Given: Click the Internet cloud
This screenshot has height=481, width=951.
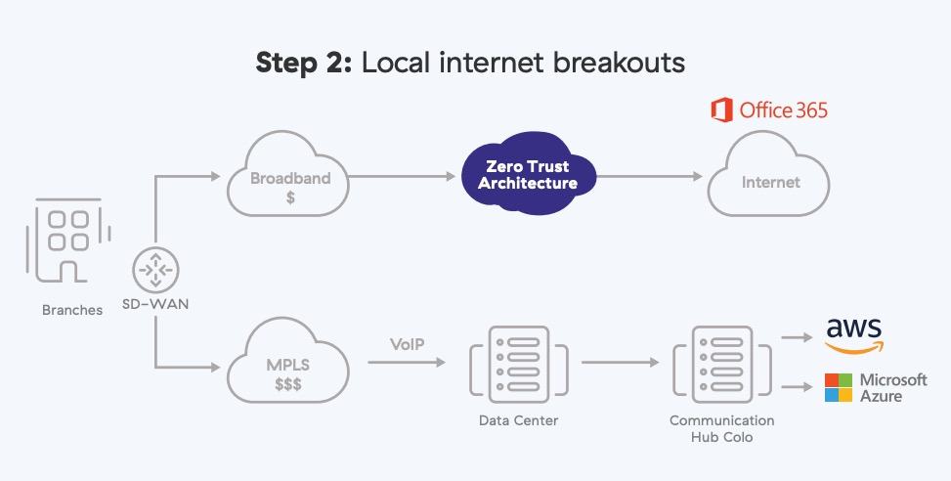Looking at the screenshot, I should (x=770, y=182).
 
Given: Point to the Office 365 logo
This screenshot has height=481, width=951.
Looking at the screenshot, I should (x=769, y=109).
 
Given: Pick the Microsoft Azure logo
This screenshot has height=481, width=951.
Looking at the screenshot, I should (x=876, y=387).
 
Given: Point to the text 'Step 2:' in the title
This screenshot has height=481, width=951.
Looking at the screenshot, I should (x=304, y=63).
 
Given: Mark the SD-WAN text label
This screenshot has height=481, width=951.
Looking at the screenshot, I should (x=155, y=303).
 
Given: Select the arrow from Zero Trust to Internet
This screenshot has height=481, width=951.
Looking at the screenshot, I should (x=650, y=177).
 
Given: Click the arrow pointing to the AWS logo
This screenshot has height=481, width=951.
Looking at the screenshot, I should (x=799, y=337).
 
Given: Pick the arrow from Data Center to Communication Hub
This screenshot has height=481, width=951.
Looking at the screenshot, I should (x=620, y=361).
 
